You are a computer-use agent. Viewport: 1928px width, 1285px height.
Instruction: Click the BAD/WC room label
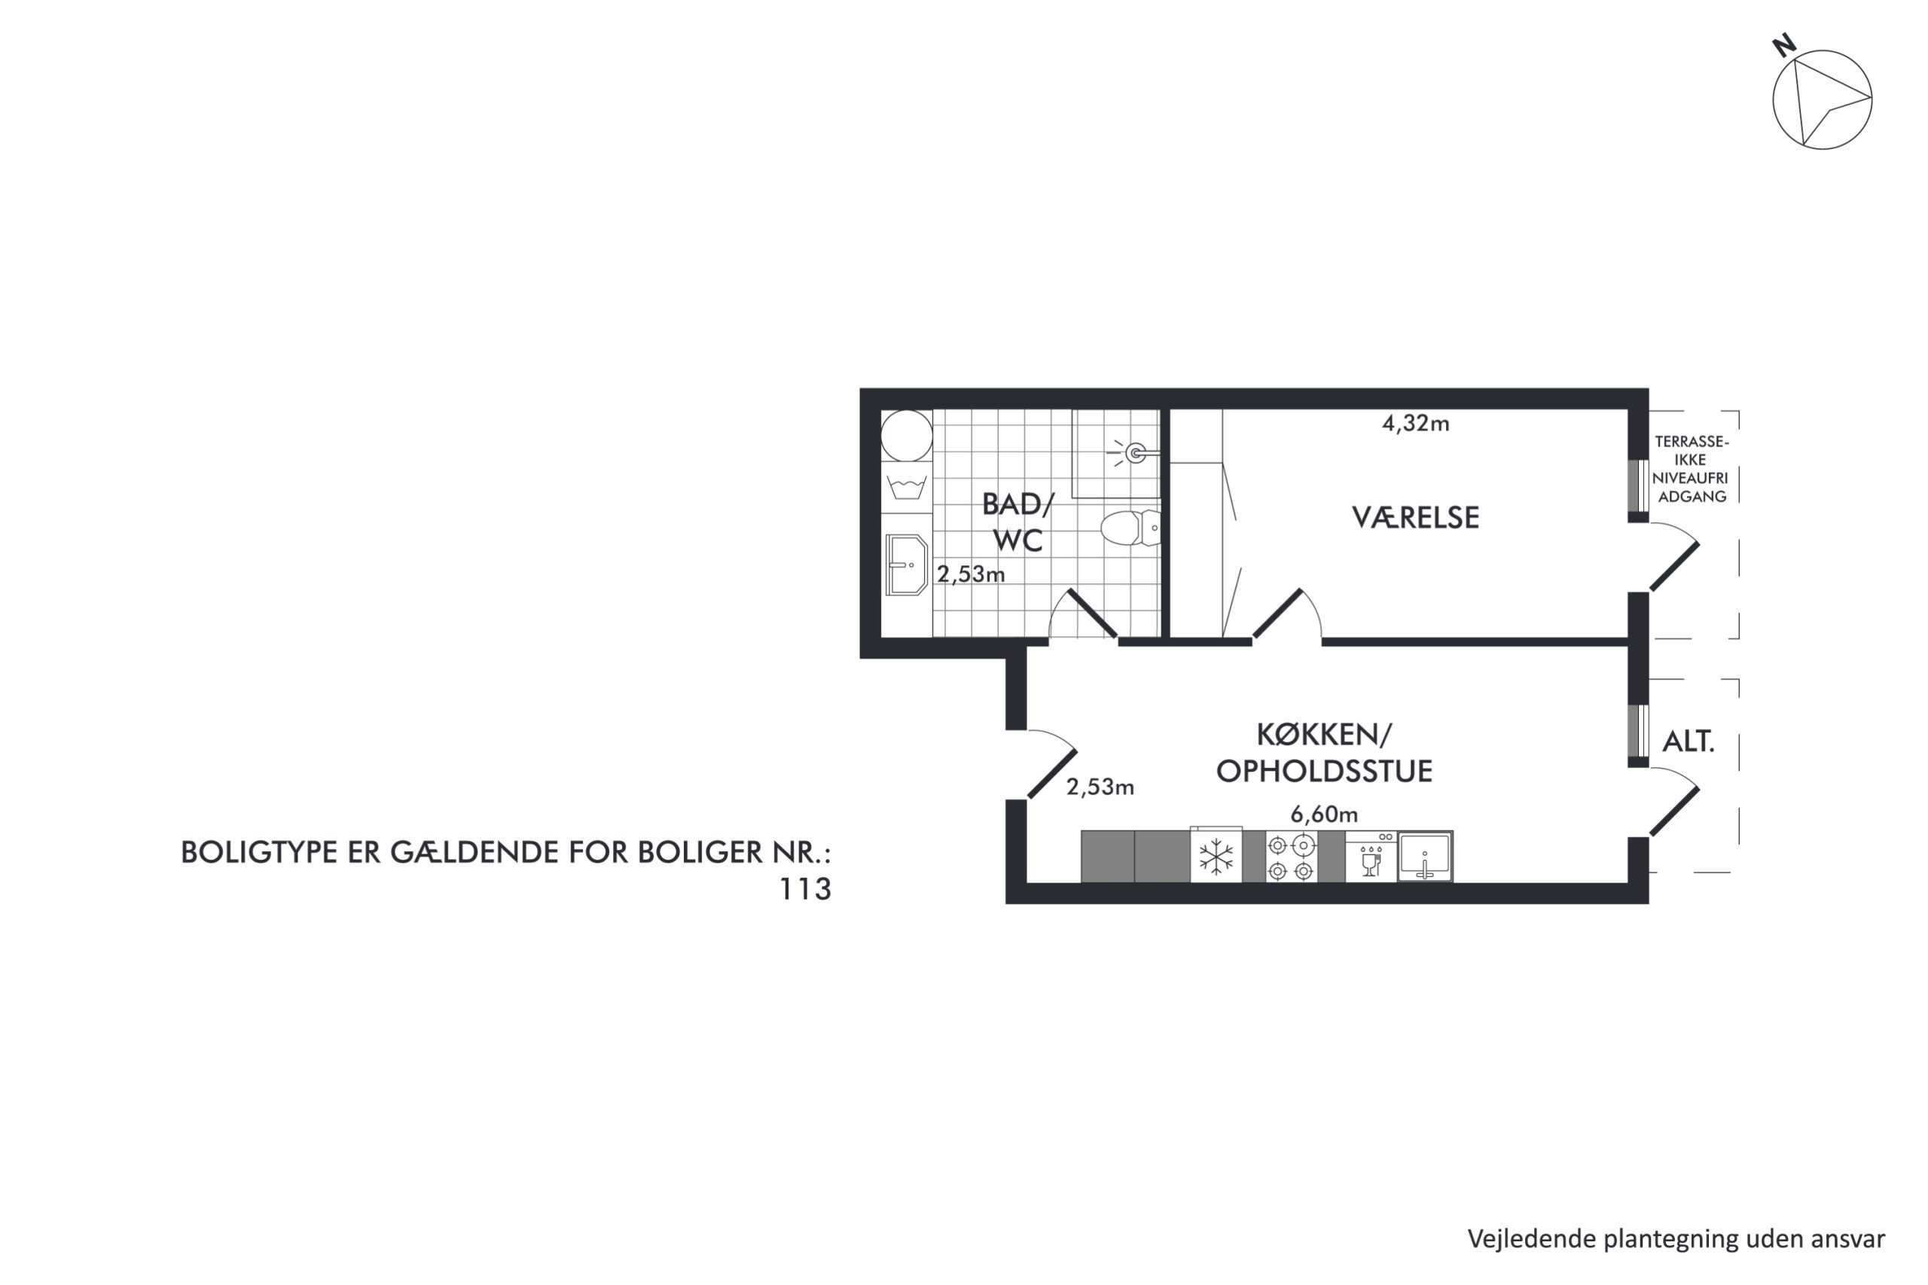(1017, 522)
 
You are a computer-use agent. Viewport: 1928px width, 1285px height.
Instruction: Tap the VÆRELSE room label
(1415, 518)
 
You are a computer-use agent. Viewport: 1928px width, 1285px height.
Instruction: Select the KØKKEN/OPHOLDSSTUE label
(1324, 753)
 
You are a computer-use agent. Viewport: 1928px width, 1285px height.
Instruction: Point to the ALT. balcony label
(1688, 741)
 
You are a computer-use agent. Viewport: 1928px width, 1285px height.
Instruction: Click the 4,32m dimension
(1416, 424)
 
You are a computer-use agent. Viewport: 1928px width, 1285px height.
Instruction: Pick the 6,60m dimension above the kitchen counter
(1324, 815)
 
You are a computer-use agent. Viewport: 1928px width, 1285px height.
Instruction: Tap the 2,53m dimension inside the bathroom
(971, 574)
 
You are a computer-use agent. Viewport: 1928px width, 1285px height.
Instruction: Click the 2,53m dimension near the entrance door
(1100, 787)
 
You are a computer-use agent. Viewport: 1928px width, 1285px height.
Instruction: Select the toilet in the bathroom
(1130, 528)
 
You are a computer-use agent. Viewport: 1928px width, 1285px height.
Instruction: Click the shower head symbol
(1133, 452)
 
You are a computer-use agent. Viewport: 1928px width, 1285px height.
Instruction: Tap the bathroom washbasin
(907, 565)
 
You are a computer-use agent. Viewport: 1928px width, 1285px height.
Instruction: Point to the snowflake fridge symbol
(1216, 857)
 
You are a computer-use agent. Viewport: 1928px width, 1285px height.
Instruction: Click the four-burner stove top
(1291, 857)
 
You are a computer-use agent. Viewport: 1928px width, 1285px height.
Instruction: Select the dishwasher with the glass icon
(1371, 857)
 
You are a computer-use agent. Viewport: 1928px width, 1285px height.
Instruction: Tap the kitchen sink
(1426, 857)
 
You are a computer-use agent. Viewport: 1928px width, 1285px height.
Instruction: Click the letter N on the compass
(1783, 45)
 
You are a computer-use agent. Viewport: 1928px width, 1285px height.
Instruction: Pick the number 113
(804, 889)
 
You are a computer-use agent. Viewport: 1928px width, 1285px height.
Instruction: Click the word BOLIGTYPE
(258, 853)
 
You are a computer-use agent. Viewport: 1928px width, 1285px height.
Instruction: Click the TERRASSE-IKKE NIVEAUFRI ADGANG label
(1690, 469)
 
